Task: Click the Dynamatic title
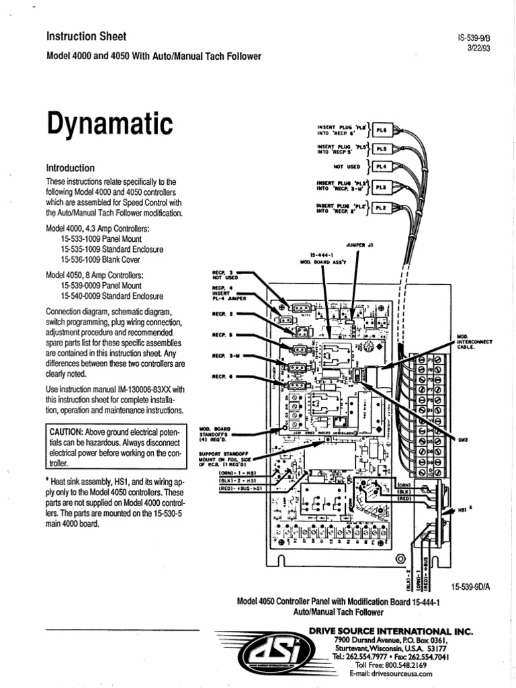pos(109,125)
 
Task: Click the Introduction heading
pos(70,168)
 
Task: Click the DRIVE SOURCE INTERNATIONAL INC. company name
pos(390,632)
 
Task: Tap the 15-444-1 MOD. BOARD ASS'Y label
pos(322,259)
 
